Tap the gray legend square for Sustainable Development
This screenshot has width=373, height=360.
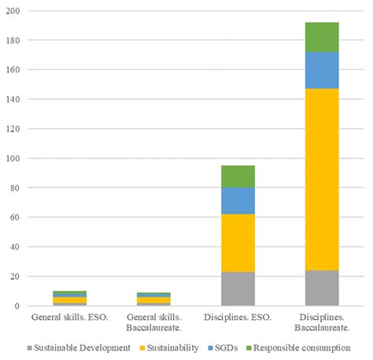tap(29, 347)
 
